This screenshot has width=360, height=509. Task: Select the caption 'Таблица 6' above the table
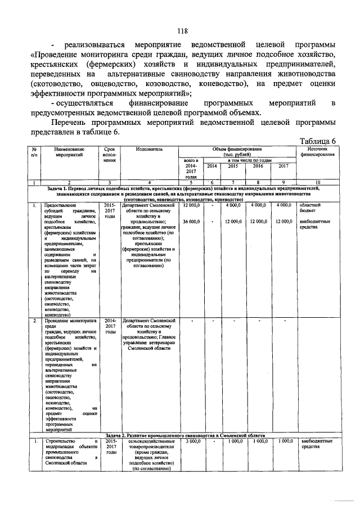(318, 141)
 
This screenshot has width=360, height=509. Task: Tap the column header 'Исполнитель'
(149, 150)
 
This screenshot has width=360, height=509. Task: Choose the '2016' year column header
(258, 166)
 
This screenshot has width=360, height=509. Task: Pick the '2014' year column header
(211, 166)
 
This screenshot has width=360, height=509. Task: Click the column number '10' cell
(318, 183)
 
